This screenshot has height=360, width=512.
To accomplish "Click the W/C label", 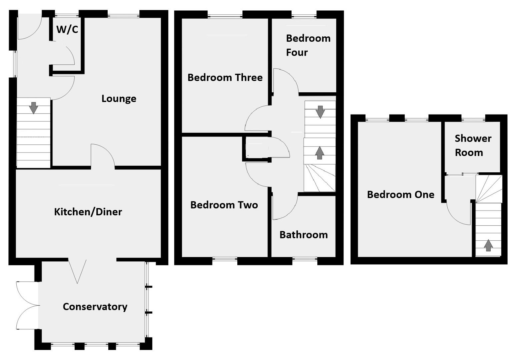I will pos(67,29).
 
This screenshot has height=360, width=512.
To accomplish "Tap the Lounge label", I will pos(119,99).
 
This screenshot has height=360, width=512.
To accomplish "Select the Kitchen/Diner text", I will pos(88,212).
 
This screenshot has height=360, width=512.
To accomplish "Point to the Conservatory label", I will pos(95,307).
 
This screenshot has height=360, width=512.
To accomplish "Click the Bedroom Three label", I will pos(225,78).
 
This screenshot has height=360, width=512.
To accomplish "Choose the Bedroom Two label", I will pos(224,205).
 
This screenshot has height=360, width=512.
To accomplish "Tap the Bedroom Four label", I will pos(308,45).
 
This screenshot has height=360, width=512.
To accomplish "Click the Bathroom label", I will pos(303,235).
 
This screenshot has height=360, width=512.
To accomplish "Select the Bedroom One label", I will pos(400,195).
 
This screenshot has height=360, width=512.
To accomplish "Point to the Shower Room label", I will pos(473,145).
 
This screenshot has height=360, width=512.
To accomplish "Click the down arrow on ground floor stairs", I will pos(34,108).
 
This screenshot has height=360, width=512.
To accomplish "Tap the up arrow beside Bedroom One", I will pos(488,245).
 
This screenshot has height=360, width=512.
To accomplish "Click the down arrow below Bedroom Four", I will pos(320,112).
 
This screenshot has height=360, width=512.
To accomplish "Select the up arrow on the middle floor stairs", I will pos(320,153).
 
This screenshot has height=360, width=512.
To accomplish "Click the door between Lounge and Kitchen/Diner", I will pos(103,155).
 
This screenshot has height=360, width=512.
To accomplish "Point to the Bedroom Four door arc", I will pos(286,80).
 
